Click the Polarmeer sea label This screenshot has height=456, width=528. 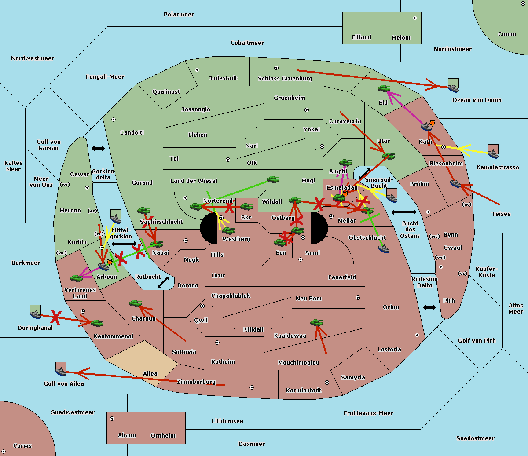click(179, 15)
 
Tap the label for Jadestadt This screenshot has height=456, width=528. click(223, 78)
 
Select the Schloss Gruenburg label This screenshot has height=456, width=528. click(285, 78)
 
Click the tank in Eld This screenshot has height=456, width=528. click(384, 88)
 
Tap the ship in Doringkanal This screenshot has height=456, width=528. click(36, 314)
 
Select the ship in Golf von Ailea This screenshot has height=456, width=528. click(61, 372)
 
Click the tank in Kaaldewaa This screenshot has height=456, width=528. click(316, 322)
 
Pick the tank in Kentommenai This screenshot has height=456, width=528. click(97, 323)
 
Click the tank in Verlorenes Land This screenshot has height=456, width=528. click(77, 278)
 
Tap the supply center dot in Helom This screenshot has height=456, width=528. click(415, 18)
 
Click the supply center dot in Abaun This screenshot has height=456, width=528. click(112, 419)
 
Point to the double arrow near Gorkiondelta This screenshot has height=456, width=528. click(98, 148)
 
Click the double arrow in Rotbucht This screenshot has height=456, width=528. click(163, 282)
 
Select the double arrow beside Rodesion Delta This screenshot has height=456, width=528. click(429, 307)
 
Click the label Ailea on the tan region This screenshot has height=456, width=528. click(150, 373)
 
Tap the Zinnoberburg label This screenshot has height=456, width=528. click(196, 382)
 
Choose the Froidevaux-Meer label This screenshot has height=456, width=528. click(368, 413)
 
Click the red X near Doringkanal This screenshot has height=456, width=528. click(56, 317)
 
